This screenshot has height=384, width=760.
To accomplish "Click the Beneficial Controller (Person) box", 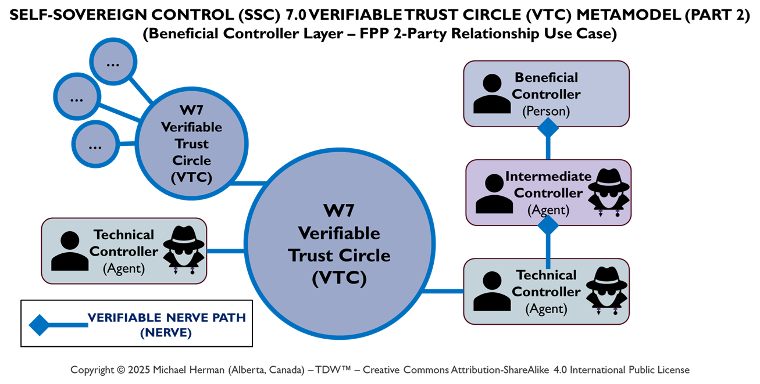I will pos(546,93).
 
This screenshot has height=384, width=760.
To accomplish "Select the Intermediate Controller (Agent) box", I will pos(548,192).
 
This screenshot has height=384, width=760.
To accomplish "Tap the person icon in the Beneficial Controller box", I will pos(492,94).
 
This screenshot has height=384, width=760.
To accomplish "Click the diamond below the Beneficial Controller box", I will pos(548,128).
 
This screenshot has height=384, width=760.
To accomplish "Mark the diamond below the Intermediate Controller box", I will pos(548,226).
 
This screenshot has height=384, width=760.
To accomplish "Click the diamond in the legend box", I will pos(40,324).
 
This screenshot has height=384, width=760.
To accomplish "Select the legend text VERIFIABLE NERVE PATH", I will pos(166,318).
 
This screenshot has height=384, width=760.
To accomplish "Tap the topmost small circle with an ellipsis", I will pos(113,62).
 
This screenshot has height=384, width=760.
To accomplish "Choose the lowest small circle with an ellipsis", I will pos(95,146).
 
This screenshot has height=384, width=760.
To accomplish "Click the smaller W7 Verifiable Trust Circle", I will pos(191,143).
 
